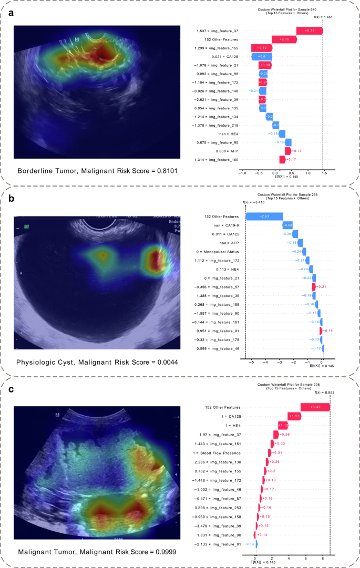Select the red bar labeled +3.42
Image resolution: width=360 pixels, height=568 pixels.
point(315,407)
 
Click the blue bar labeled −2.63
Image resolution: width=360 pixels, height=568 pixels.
point(264,216)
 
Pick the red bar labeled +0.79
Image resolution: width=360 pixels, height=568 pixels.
point(310,30)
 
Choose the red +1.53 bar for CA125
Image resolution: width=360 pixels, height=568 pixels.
point(294,416)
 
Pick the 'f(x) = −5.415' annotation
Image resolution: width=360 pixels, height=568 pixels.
point(254,203)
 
